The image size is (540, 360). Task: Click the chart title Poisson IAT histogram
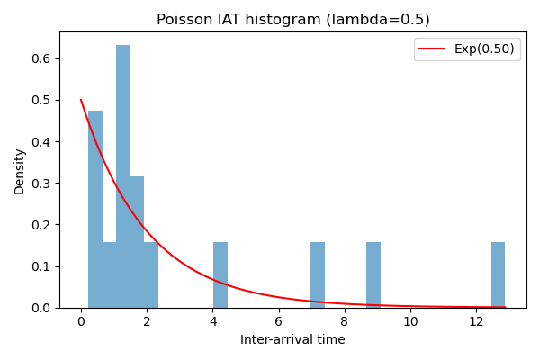292,20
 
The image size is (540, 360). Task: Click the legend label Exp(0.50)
484,49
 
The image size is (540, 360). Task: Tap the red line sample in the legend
433,49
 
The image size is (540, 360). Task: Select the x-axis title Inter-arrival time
292,340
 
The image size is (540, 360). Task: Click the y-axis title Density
20,171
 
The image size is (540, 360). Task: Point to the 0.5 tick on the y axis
42,100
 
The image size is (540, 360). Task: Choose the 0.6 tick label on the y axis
42,58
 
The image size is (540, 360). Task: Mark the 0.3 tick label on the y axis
42,184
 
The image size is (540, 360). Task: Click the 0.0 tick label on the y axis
42,308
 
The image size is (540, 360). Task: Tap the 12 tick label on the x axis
476,322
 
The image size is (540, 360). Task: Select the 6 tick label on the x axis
278,322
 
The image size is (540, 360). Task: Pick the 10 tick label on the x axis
410,322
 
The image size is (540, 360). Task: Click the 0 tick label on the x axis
81,322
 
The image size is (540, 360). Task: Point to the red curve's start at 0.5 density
81,100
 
